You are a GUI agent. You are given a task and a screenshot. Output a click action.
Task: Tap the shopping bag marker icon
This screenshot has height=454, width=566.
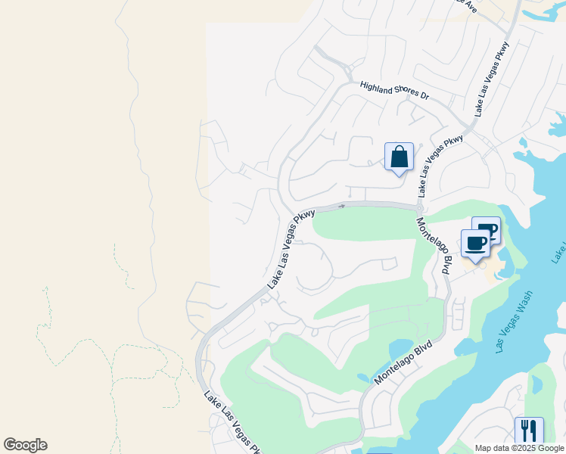[399, 157]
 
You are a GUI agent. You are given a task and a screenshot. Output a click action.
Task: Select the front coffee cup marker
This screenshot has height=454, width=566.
[475, 244]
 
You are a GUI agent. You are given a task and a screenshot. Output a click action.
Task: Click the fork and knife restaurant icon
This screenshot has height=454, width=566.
[529, 431]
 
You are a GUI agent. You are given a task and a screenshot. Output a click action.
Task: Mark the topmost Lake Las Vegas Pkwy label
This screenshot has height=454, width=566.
[492, 79]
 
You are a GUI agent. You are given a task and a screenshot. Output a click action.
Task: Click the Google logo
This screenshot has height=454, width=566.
[25, 445]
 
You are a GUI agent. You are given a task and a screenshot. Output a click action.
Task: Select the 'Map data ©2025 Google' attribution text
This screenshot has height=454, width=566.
[518, 448]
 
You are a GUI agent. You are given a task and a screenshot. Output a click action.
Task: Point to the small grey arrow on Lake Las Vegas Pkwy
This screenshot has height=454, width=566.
[342, 205]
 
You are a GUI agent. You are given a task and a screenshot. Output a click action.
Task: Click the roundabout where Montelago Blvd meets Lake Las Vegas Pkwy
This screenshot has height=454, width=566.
[419, 207]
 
